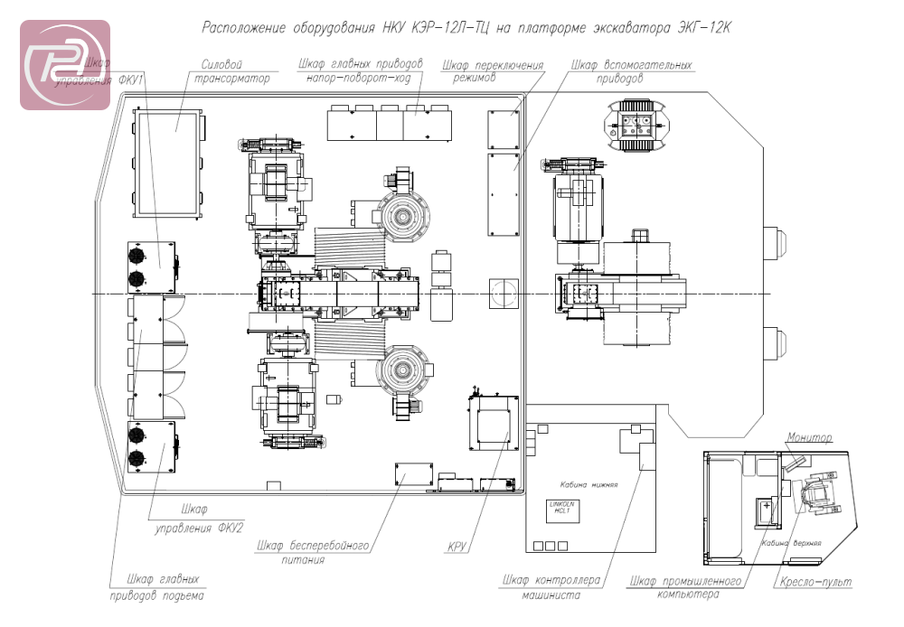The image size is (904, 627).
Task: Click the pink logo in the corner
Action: point(65,65)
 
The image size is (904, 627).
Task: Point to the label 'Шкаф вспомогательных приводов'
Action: point(633,72)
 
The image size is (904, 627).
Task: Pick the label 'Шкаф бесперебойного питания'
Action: point(314,552)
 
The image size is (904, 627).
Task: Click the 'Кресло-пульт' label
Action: point(813,584)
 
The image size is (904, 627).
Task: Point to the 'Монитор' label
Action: point(808,438)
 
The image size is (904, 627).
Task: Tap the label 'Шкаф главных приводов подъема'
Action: point(153,586)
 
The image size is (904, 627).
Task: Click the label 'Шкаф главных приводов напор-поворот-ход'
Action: point(360,72)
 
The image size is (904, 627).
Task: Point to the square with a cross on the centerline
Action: point(502,291)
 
